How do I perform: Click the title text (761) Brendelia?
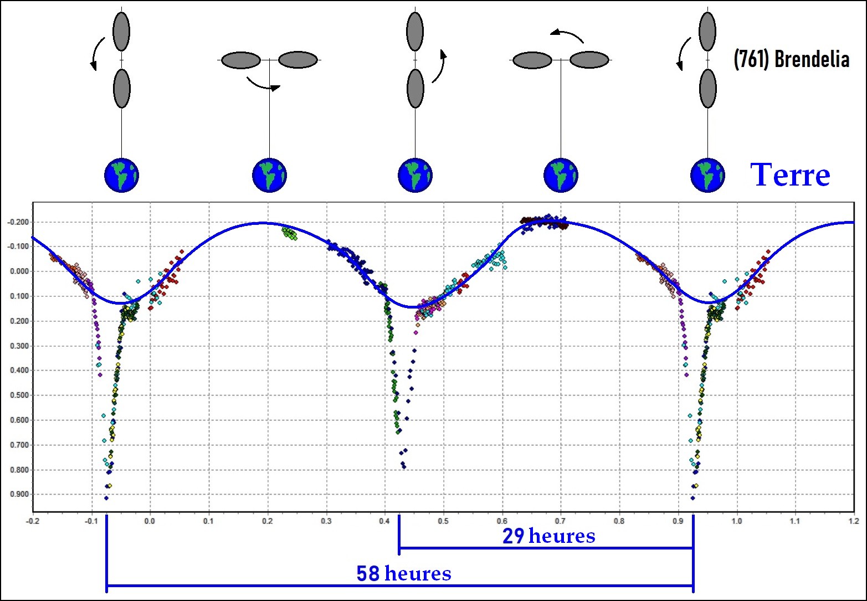[791, 59]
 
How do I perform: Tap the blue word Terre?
[790, 175]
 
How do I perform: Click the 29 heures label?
[548, 536]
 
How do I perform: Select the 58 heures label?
[403, 573]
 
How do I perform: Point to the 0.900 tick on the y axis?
[19, 495]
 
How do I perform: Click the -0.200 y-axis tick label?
[18, 222]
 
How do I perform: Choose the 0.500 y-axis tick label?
[19, 395]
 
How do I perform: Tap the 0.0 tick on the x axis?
[150, 521]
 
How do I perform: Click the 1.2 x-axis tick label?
[854, 521]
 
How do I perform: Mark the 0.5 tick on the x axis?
[443, 521]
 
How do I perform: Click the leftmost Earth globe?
[121, 175]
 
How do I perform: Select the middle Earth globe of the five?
[415, 175]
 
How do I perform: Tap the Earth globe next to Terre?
[707, 175]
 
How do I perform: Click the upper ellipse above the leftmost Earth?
[121, 32]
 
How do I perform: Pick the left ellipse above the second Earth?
[241, 60]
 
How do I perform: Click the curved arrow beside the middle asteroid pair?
[438, 66]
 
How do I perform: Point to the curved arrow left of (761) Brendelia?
[683, 54]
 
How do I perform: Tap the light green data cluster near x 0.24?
[289, 233]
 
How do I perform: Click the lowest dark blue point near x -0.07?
[106, 498]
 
